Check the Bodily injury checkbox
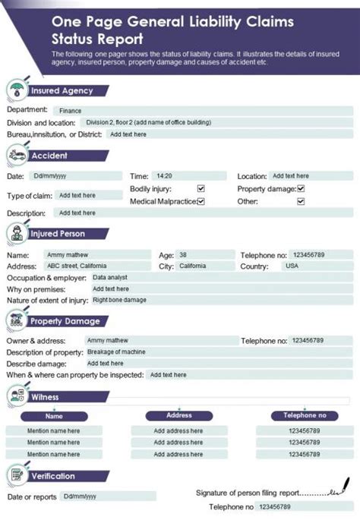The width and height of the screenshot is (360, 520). click(x=201, y=188)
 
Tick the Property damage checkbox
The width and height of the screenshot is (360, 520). click(x=301, y=188)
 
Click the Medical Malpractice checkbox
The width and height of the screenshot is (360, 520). click(x=201, y=201)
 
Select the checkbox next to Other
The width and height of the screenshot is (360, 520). click(x=301, y=201)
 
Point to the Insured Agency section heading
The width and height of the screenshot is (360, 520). click(x=62, y=90)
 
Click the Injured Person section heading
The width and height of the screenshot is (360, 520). click(x=58, y=234)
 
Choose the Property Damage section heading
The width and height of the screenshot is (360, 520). click(x=65, y=321)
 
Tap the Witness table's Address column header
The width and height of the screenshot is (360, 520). click(x=179, y=415)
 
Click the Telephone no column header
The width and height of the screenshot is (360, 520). click(x=305, y=415)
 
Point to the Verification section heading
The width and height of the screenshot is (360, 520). click(x=52, y=476)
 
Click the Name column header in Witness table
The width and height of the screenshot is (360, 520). click(x=54, y=416)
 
